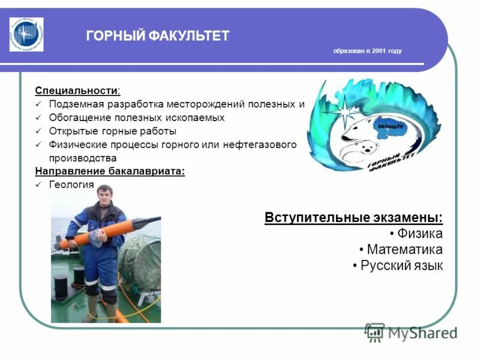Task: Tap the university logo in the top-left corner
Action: tap(26, 34)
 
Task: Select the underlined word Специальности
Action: tap(76, 91)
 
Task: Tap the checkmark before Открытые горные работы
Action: tap(38, 131)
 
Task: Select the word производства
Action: tap(82, 158)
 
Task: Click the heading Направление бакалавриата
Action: tap(110, 172)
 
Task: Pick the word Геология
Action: tap(71, 185)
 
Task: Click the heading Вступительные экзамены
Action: tap(353, 217)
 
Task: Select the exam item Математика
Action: tap(404, 250)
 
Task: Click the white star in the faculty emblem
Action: tap(346, 112)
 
